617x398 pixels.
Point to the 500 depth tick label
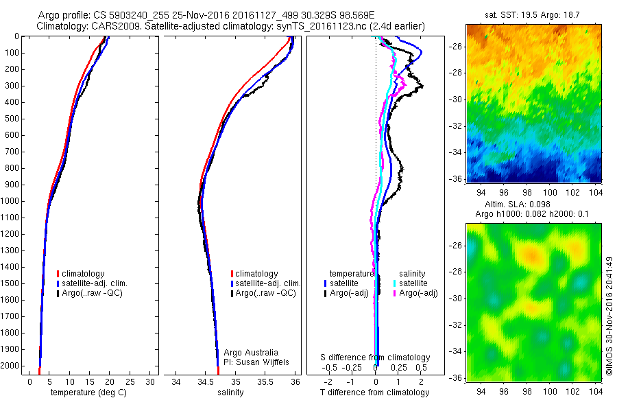12,119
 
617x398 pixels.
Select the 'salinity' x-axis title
231,393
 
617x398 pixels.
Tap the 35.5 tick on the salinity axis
265,382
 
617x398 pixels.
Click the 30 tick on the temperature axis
151,382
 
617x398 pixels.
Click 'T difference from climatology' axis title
375,393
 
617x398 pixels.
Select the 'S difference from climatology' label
375,358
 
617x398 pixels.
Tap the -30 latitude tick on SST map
457,99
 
